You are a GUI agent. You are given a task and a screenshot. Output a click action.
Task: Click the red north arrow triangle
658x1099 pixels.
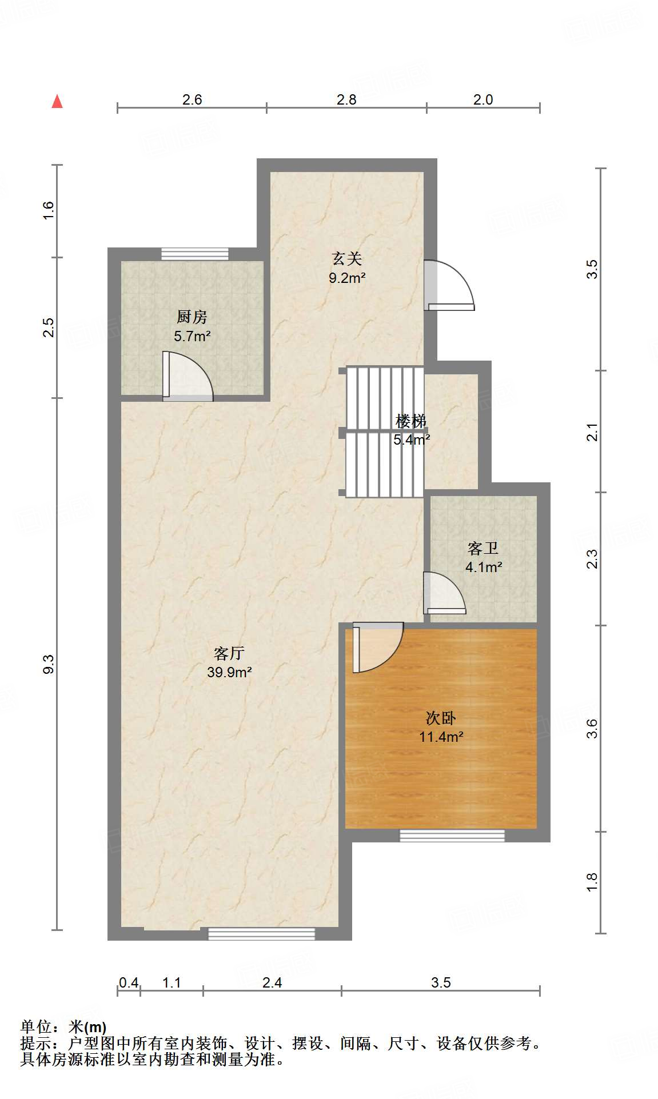pyautogui.click(x=57, y=102)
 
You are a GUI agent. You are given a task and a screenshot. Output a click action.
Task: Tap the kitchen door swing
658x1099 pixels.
pyautogui.click(x=188, y=377)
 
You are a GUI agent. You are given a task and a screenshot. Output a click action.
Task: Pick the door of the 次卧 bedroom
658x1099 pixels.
pyautogui.click(x=377, y=647)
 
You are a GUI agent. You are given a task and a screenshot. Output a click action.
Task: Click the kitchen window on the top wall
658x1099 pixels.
pyautogui.click(x=194, y=254)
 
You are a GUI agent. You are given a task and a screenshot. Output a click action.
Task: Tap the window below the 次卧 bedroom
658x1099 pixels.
pyautogui.click(x=452, y=836)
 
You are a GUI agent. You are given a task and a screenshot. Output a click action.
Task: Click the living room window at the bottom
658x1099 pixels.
pyautogui.click(x=261, y=934)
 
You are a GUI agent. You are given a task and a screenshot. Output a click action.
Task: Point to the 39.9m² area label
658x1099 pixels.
pyautogui.click(x=229, y=672)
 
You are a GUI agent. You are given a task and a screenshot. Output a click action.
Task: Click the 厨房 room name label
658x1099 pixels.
pyautogui.click(x=192, y=317)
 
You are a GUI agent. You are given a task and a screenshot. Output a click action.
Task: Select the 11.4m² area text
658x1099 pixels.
pyautogui.click(x=441, y=737)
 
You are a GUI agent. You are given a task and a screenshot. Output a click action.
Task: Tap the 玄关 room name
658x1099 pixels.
pyautogui.click(x=347, y=259)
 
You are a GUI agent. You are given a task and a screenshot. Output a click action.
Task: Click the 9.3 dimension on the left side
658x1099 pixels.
pyautogui.click(x=49, y=664)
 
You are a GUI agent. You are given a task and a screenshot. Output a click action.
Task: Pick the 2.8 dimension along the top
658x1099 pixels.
pyautogui.click(x=346, y=99)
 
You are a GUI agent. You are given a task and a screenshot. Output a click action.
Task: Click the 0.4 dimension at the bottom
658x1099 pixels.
pyautogui.click(x=129, y=982)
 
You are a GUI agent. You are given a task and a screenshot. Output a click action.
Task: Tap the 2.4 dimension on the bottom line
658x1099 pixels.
pyautogui.click(x=272, y=982)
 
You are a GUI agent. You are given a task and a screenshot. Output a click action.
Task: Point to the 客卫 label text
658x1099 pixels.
pyautogui.click(x=483, y=549)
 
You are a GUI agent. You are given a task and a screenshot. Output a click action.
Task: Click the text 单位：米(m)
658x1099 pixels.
pyautogui.click(x=63, y=1027)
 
